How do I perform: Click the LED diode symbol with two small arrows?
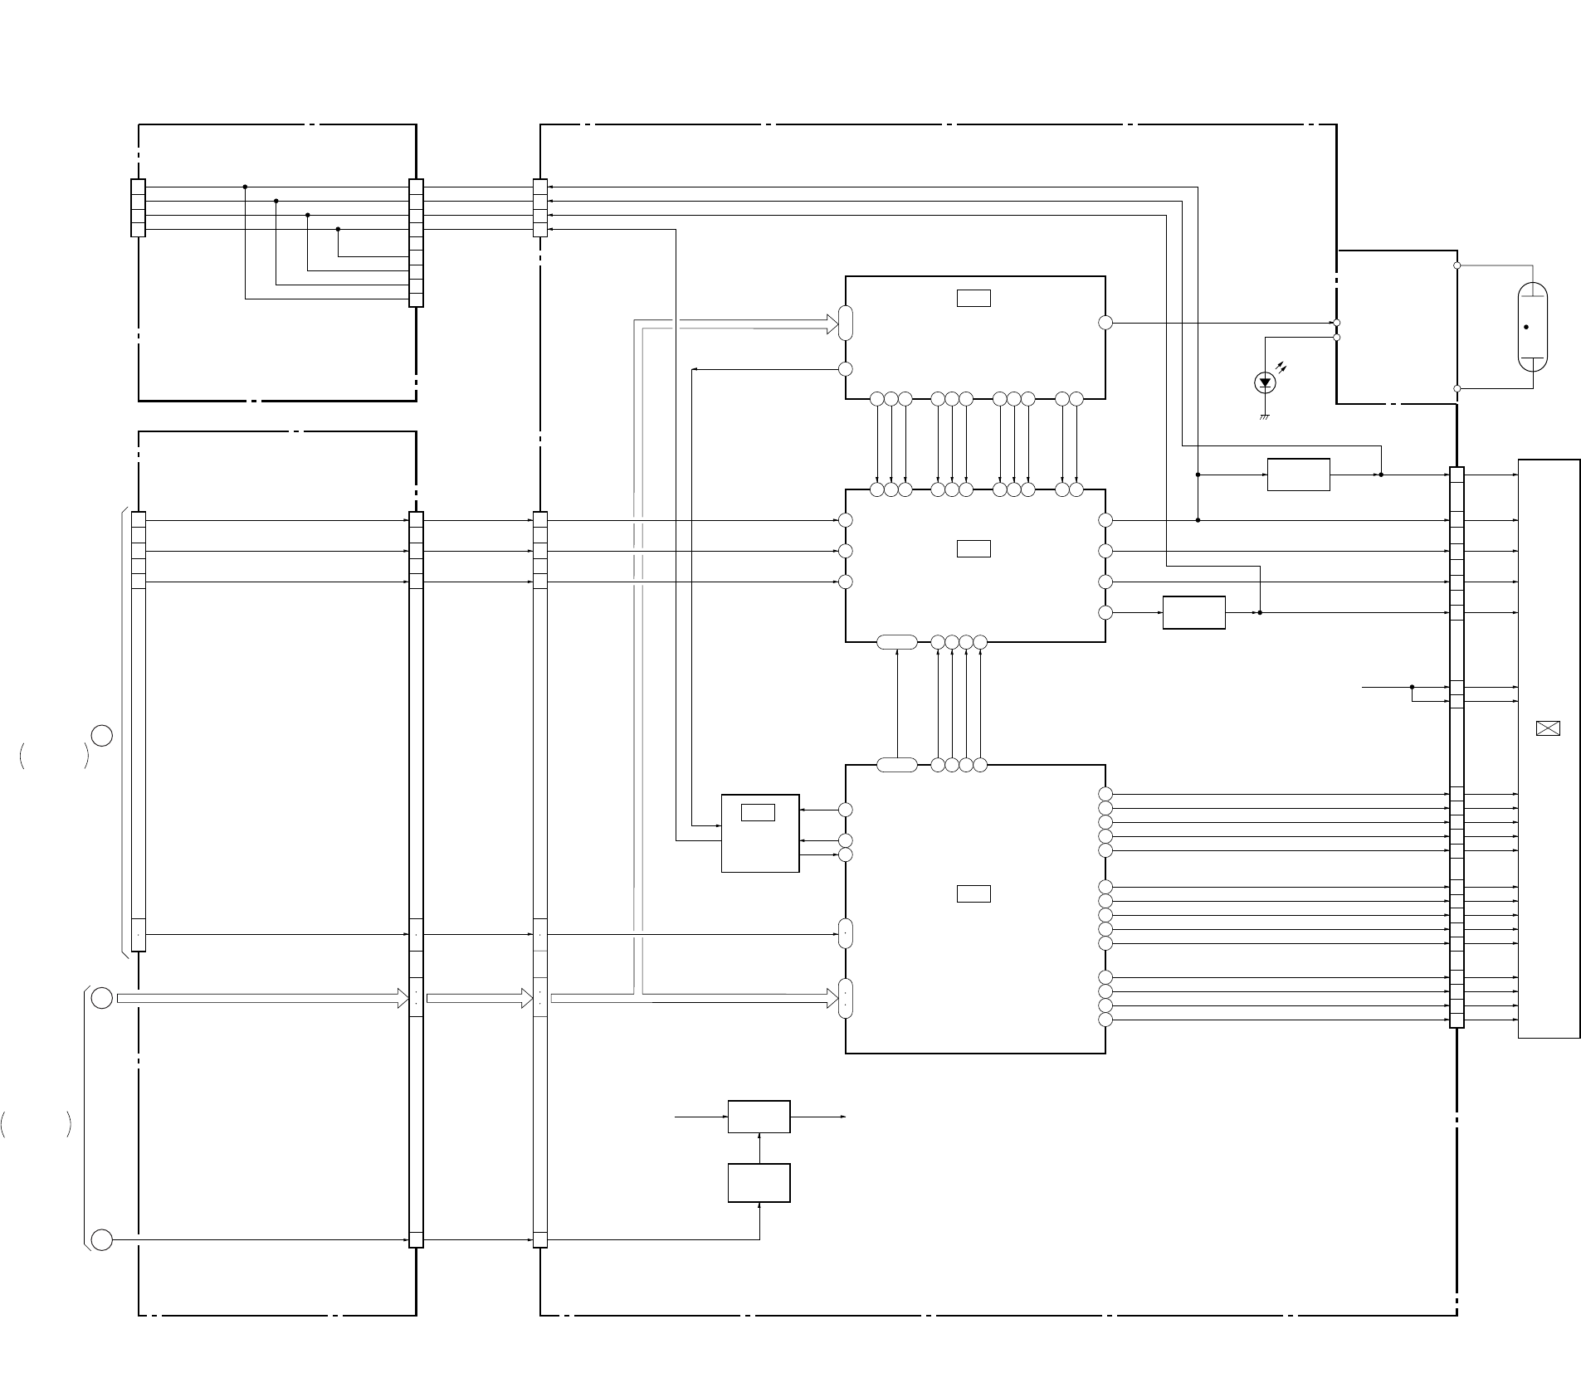click(x=1265, y=382)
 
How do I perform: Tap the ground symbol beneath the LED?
click(x=1265, y=416)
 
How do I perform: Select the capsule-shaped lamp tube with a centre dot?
click(x=1532, y=327)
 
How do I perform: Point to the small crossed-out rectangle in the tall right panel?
click(x=1548, y=728)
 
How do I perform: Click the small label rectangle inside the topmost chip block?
click(x=973, y=298)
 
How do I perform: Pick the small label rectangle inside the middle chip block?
click(x=973, y=548)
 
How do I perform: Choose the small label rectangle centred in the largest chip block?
click(x=973, y=893)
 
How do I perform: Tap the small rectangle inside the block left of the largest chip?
click(x=758, y=812)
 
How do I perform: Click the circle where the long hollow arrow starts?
click(x=102, y=998)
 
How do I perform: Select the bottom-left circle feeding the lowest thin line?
click(x=102, y=1240)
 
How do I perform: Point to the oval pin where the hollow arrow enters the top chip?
click(x=846, y=323)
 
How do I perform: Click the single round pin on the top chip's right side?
click(x=1105, y=323)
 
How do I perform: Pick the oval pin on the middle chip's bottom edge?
click(x=897, y=641)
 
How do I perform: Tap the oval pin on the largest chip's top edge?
click(x=897, y=765)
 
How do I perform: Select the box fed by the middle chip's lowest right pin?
click(x=1193, y=612)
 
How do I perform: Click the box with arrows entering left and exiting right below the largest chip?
click(x=759, y=1117)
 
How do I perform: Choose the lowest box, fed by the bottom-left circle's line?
click(x=759, y=1183)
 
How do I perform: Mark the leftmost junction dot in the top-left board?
click(x=245, y=187)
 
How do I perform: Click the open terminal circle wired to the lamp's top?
click(x=1457, y=265)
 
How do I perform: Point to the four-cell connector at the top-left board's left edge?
click(x=138, y=207)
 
